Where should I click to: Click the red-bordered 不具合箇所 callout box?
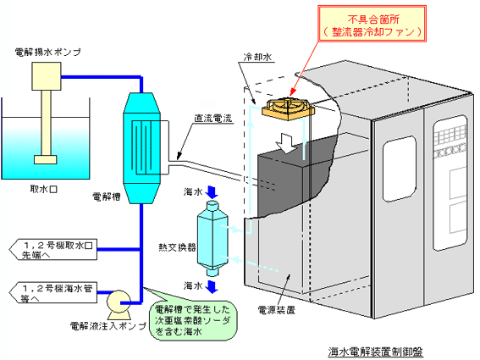coord(372,23)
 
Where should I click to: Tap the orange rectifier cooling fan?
coord(288,109)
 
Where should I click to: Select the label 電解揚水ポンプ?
coord(48,52)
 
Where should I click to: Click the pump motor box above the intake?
coord(47,76)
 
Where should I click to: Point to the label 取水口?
coord(43,189)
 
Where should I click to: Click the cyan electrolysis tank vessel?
coord(141,148)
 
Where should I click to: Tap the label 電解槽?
coord(106,197)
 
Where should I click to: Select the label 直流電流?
coord(213,119)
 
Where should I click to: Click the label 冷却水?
coord(257,57)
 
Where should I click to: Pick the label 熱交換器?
coord(177,247)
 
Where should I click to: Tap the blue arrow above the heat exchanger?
coord(212,192)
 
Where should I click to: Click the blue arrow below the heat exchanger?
coord(212,286)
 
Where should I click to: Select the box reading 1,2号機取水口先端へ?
coord(53,249)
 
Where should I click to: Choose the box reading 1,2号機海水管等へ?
coord(53,292)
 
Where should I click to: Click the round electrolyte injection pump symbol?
coord(119,302)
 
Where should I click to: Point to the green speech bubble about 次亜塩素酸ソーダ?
coord(193,320)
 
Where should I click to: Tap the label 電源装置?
coord(277,310)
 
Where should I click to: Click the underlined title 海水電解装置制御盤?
coord(375,352)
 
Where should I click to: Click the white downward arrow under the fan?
coord(285,143)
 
